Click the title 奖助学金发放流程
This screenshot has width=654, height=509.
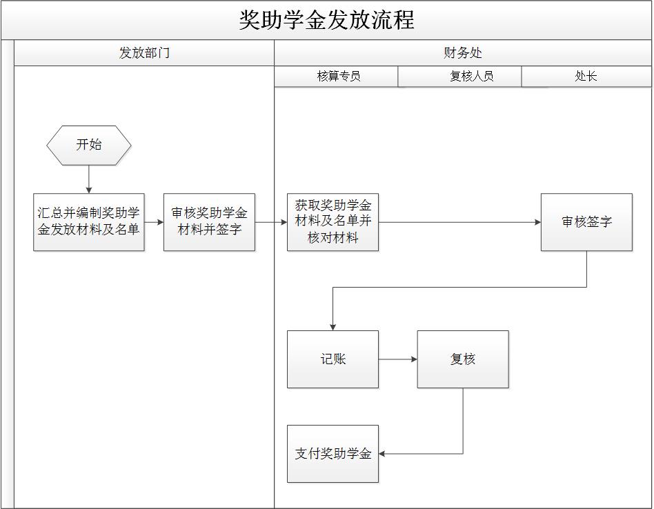326,20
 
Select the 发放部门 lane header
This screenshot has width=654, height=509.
144,53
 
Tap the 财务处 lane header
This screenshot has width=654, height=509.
463,53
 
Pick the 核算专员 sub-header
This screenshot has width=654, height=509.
338,77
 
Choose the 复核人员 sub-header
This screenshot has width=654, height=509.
471,77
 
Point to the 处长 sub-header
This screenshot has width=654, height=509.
586,77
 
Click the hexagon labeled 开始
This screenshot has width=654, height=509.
89,146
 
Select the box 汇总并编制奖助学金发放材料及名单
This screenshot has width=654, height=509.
89,222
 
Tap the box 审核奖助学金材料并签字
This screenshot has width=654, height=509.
209,222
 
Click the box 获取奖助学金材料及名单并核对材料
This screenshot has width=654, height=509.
333,222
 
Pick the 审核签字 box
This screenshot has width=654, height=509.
586,222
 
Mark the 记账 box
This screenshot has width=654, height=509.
333,359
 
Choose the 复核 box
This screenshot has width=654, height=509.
463,359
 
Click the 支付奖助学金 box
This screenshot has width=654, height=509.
333,454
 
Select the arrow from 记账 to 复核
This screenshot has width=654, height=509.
398,359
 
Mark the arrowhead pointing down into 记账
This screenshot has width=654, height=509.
333,326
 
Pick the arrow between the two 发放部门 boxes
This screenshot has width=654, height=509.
154,222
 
